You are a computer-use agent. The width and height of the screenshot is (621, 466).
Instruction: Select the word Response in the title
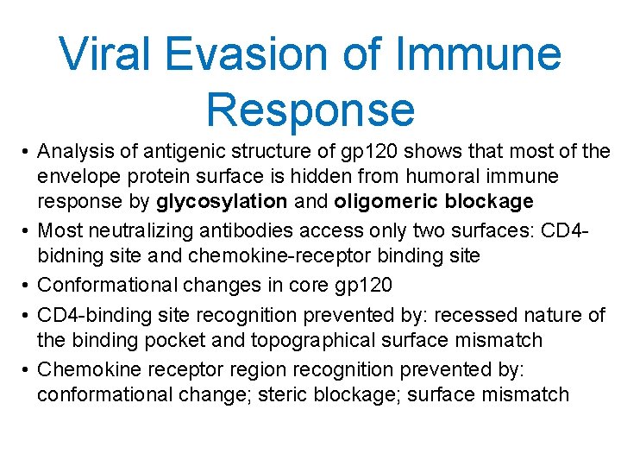point(310,110)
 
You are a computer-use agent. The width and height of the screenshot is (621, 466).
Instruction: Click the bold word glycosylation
point(222,201)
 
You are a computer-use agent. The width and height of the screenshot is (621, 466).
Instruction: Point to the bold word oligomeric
point(379,201)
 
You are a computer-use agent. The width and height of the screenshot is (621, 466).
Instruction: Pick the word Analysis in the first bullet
point(76,153)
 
